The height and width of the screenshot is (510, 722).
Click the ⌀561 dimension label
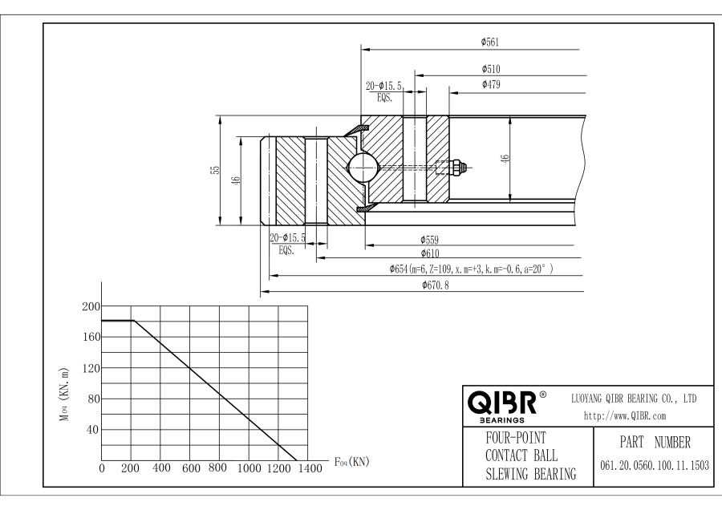coord(491,42)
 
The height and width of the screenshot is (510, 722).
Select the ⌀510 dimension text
coord(491,70)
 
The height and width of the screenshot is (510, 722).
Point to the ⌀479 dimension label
coord(491,84)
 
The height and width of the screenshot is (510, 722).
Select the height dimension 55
coord(214,171)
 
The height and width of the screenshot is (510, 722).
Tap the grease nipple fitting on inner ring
coord(456,168)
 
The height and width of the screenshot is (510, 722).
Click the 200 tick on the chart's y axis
coord(89,306)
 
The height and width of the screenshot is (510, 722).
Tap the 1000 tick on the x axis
coord(249,467)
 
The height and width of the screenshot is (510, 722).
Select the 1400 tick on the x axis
coord(307,467)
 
